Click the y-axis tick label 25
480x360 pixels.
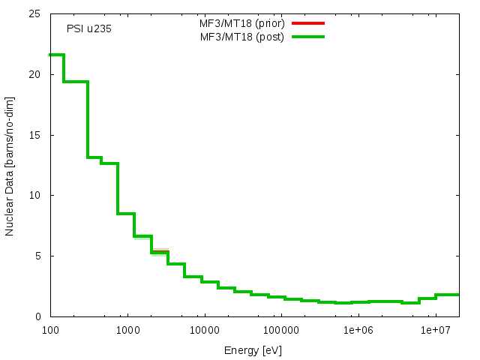tap(35, 14)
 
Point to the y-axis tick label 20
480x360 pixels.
tap(35, 75)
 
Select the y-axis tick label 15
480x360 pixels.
tap(35, 135)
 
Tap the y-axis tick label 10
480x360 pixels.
tap(35, 196)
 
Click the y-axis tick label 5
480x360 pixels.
tap(38, 256)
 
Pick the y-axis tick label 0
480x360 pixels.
tap(38, 316)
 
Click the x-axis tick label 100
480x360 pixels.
tap(49, 330)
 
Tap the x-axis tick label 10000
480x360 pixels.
tap(204, 330)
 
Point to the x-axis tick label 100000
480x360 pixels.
tap(281, 330)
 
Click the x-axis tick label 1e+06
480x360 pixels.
tap(358, 330)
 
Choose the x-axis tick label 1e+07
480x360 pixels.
tap(435, 330)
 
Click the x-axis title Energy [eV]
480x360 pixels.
tap(253, 349)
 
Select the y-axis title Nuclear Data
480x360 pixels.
tap(10, 166)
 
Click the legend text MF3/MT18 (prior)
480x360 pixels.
tap(236, 23)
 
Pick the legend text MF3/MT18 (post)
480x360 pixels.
tap(238, 36)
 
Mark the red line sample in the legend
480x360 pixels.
tap(307, 23)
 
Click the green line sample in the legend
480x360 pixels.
tap(307, 36)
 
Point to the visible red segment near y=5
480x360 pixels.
tap(160, 251)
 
